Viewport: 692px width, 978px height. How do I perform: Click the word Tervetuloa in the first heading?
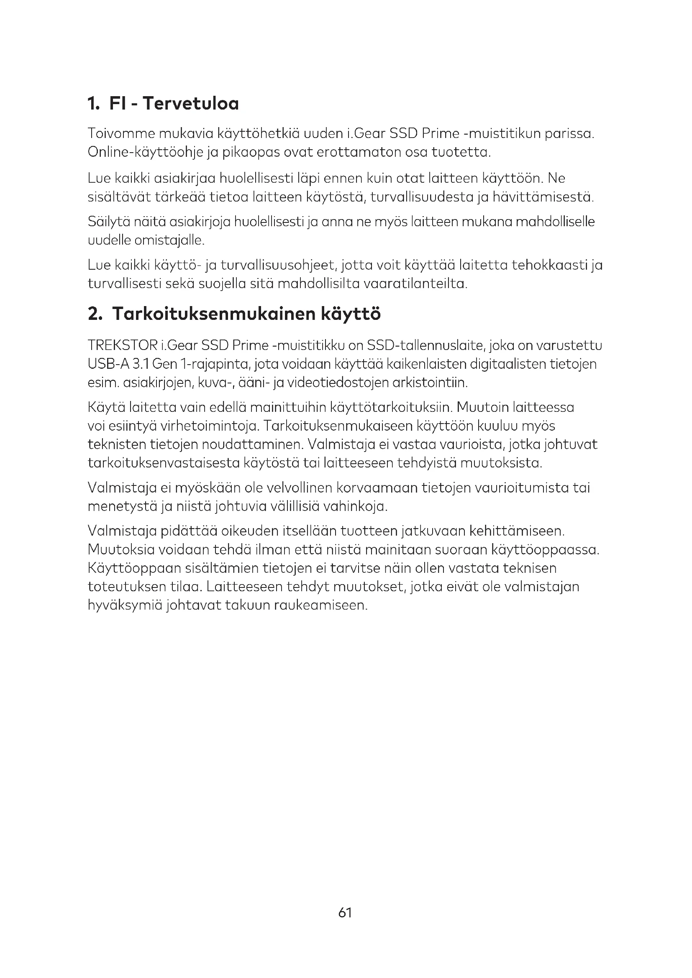click(190, 104)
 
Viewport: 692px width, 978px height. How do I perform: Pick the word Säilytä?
click(108, 222)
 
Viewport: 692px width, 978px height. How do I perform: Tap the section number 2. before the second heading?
click(95, 314)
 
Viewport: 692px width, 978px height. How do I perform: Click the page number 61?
click(345, 912)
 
